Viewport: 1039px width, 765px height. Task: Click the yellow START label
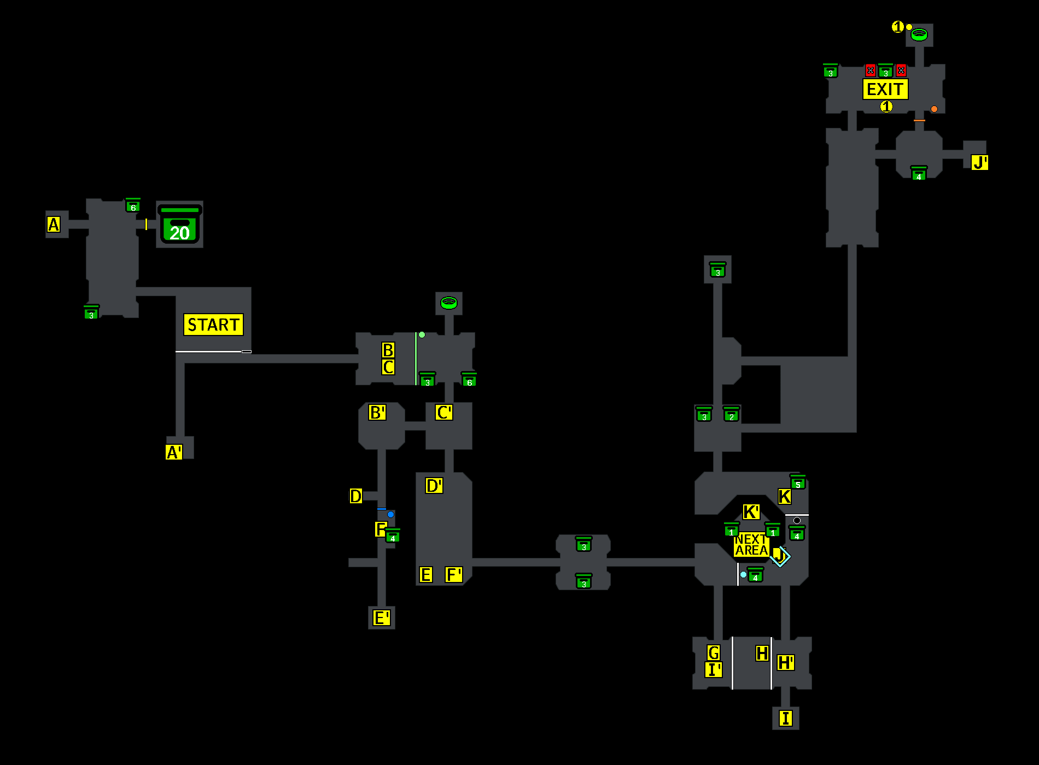point(213,325)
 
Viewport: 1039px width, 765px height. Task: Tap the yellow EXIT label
point(885,89)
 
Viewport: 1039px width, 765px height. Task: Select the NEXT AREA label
point(751,545)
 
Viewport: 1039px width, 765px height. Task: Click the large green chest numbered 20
point(179,225)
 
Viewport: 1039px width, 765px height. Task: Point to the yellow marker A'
point(174,452)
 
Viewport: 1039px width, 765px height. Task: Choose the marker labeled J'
point(979,162)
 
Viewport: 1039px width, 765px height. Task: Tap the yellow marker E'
point(381,617)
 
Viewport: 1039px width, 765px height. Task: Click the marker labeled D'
point(434,485)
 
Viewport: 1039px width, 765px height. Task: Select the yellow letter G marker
point(714,652)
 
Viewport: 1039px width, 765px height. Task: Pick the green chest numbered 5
point(798,482)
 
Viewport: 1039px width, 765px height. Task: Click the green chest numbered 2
point(731,415)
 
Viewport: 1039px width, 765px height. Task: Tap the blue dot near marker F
point(390,514)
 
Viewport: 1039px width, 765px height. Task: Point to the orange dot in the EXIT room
point(934,109)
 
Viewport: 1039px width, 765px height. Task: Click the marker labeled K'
point(751,512)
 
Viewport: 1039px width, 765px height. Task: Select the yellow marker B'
point(377,412)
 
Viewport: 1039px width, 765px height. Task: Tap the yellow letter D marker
point(356,496)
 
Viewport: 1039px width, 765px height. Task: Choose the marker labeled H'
point(786,663)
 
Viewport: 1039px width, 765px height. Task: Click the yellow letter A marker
point(54,224)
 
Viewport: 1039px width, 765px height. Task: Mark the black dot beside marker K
point(797,520)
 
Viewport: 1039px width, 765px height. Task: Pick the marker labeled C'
point(444,412)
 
